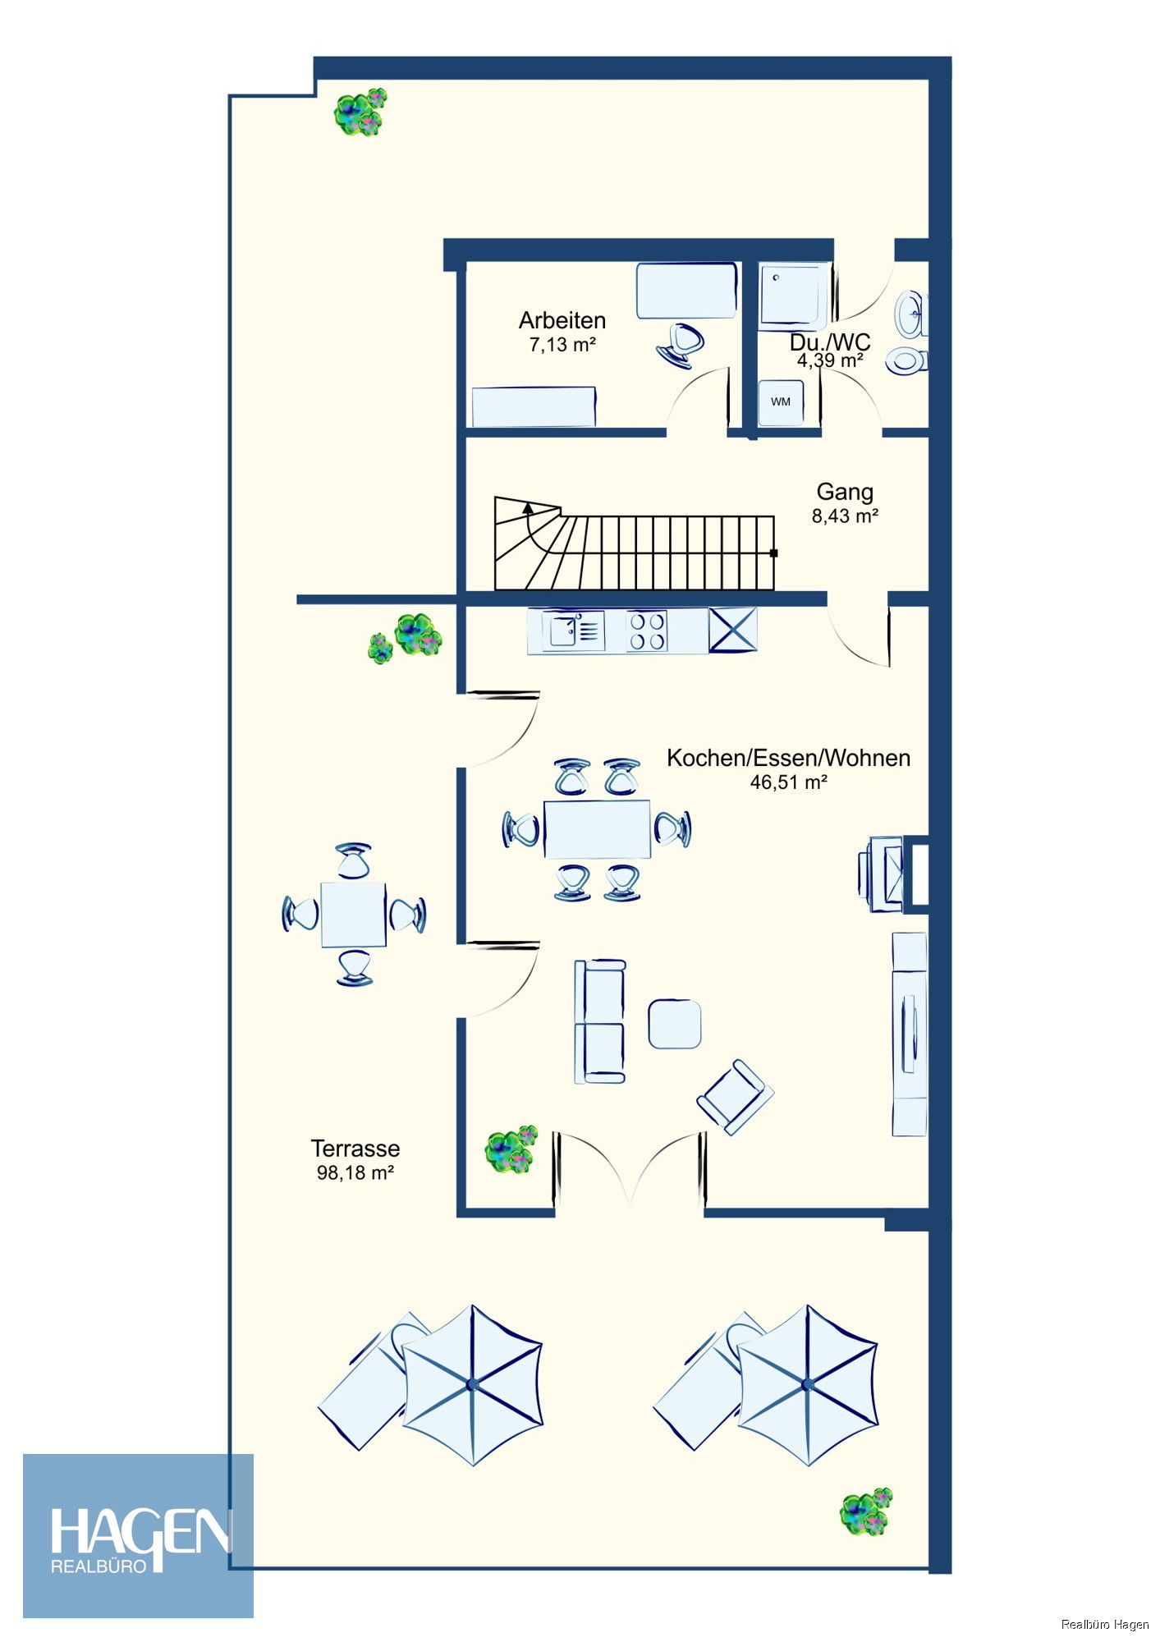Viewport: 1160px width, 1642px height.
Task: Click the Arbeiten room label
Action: [562, 320]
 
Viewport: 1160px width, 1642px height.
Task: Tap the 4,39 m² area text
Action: [830, 360]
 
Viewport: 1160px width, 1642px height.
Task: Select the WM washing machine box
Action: [781, 402]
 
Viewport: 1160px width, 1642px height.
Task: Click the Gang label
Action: [845, 492]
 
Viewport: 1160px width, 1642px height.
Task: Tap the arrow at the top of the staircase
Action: [527, 508]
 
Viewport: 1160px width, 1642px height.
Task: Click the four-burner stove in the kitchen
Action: [647, 631]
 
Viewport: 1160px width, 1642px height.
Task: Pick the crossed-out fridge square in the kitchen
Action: [732, 631]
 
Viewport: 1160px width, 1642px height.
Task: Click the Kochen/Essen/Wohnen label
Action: [788, 758]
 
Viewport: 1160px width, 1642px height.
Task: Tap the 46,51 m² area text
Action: [788, 782]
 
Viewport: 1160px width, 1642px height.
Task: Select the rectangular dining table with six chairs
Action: [597, 829]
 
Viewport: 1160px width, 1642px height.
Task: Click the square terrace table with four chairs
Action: [353, 914]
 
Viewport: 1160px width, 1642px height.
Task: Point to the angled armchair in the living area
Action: [736, 1097]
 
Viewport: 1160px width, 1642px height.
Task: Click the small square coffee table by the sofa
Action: [675, 1024]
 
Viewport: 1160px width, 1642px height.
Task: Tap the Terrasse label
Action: [355, 1149]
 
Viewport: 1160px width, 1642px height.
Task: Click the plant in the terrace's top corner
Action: [360, 112]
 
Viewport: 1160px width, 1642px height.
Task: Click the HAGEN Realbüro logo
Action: [138, 1536]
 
